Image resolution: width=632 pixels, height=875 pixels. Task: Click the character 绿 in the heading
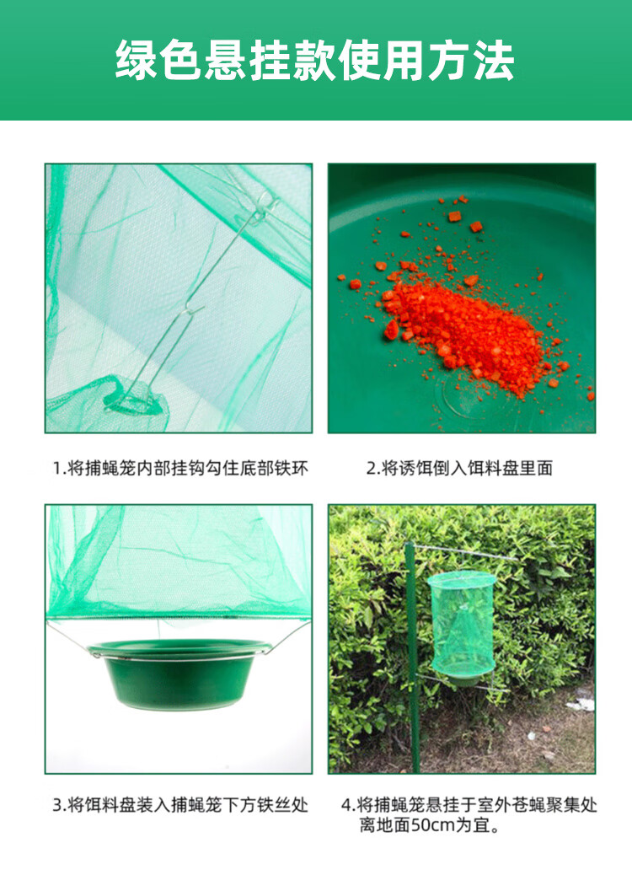pyautogui.click(x=137, y=60)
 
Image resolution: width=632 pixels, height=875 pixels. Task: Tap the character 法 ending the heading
pyautogui.click(x=494, y=60)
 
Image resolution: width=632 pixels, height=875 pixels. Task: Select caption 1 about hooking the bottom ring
pyautogui.click(x=179, y=468)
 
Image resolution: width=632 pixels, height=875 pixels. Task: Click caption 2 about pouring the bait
pyautogui.click(x=459, y=468)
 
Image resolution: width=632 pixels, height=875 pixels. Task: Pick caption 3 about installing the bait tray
pyautogui.click(x=179, y=805)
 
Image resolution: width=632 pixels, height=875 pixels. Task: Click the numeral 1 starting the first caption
pyautogui.click(x=56, y=468)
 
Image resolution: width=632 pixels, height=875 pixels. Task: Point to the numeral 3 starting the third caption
pyautogui.click(x=57, y=805)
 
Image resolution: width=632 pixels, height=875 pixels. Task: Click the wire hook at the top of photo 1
pyautogui.click(x=261, y=207)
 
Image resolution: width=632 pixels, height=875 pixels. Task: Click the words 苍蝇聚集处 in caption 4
pyautogui.click(x=554, y=805)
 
